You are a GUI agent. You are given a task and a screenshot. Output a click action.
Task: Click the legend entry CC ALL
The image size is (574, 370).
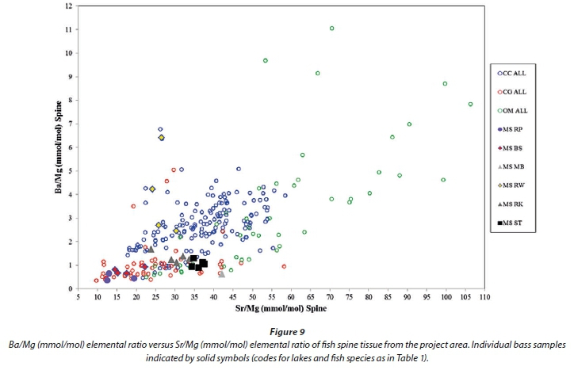pyautogui.click(x=518, y=72)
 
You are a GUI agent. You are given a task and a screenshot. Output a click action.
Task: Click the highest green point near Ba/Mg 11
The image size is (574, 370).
pyautogui.click(x=331, y=29)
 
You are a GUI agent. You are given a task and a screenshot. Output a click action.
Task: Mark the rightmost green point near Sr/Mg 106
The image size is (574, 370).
pyautogui.click(x=470, y=104)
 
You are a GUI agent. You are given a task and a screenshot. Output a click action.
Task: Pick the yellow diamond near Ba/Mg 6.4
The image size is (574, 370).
pyautogui.click(x=161, y=137)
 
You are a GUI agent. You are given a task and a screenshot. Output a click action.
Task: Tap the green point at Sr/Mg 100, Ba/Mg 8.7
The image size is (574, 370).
pyautogui.click(x=445, y=83)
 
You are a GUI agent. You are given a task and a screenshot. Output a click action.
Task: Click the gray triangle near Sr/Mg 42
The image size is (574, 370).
pyautogui.click(x=221, y=273)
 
